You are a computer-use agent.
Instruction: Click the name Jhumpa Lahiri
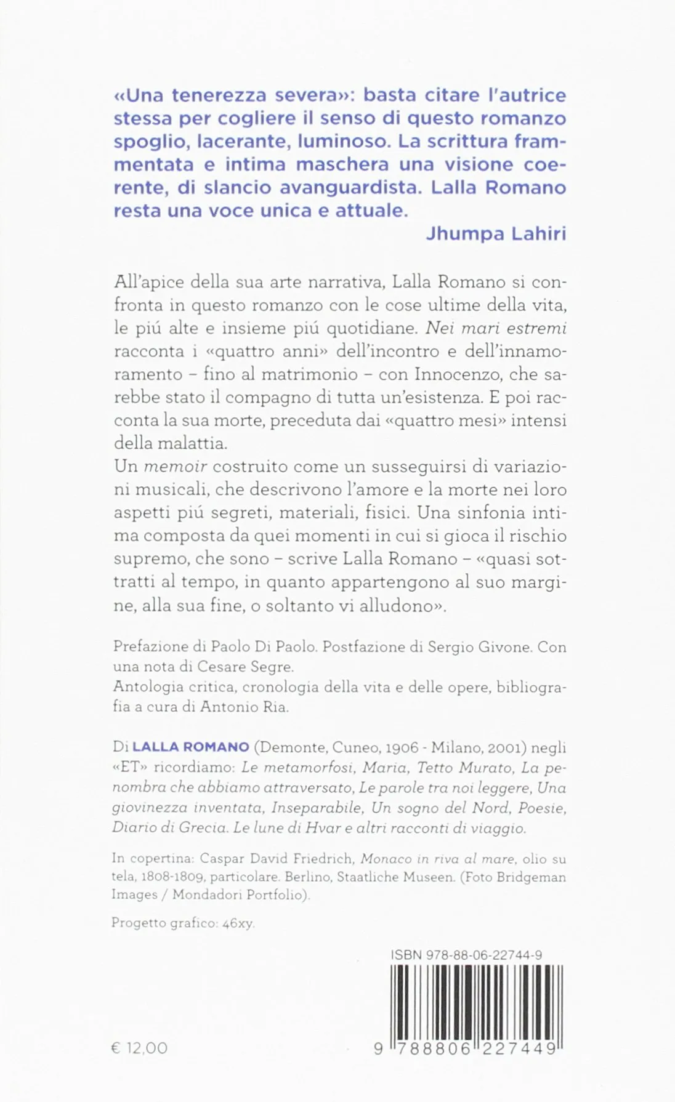point(496,234)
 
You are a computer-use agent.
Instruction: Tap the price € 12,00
point(139,1048)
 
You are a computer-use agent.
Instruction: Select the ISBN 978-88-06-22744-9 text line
point(466,955)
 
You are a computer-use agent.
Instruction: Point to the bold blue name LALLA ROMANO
point(191,747)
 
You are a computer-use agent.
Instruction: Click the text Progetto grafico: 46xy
point(183,923)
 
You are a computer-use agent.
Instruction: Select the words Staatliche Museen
point(400,877)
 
